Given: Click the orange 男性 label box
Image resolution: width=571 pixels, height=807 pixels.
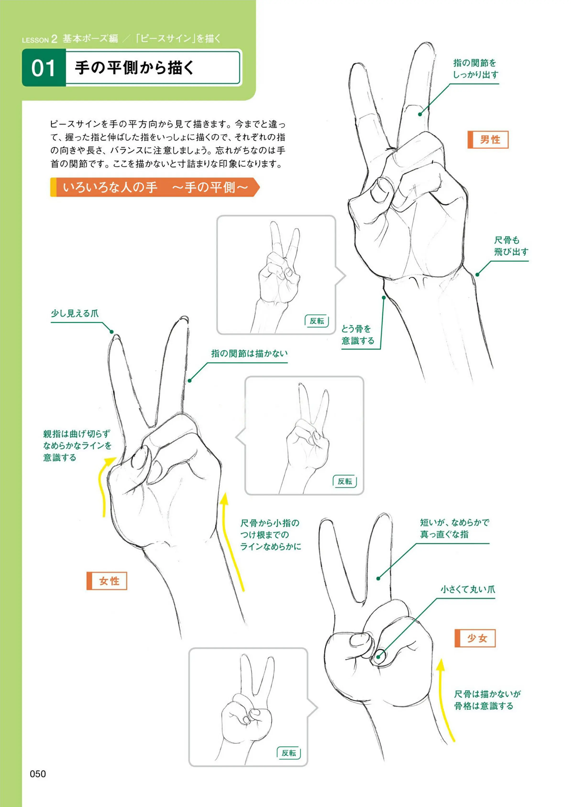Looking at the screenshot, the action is tap(488, 140).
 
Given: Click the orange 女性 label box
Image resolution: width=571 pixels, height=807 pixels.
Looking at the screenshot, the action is tap(107, 581).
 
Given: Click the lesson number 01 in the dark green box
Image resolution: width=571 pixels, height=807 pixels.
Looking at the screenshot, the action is tap(44, 68).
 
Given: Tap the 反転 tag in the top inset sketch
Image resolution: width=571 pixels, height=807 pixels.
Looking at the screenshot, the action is tap(317, 321).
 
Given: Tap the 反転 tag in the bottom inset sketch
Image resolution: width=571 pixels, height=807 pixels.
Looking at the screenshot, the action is tap(289, 753).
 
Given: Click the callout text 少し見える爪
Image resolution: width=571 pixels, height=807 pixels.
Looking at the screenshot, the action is tap(75, 313).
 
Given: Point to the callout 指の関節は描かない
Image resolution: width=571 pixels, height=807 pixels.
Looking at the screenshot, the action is tap(249, 354).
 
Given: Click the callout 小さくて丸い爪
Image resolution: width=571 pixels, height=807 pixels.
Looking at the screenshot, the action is tap(468, 589).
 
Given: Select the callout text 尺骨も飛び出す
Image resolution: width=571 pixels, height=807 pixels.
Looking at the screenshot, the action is tap(511, 246).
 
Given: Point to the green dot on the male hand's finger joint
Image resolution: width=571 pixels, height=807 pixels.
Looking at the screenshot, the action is tap(420, 114).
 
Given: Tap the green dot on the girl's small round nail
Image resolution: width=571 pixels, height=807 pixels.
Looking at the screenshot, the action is tap(378, 657).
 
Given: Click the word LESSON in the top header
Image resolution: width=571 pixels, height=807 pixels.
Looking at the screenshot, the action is tap(35, 40).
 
